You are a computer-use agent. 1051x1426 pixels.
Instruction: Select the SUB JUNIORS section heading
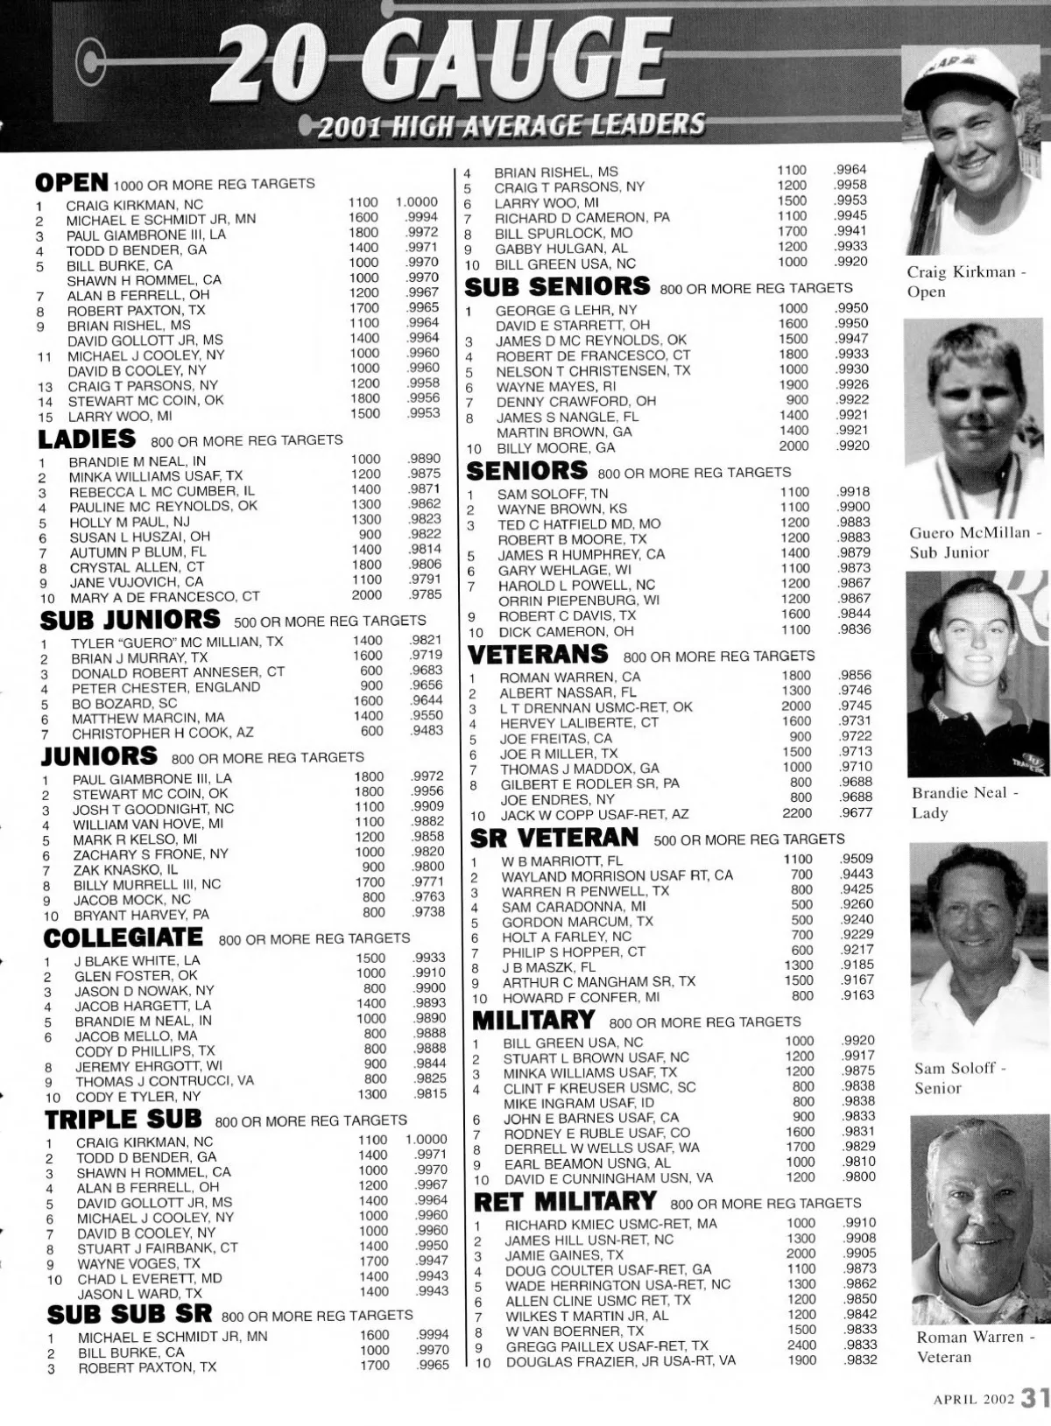click(131, 620)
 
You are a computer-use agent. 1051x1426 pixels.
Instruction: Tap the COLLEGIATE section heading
click(123, 938)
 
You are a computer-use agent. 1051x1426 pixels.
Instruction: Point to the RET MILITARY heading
click(566, 1201)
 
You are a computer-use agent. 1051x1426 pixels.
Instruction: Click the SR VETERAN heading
click(554, 838)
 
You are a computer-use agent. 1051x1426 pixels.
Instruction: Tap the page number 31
click(1035, 1398)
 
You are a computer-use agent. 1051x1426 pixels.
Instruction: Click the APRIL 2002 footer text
click(972, 1399)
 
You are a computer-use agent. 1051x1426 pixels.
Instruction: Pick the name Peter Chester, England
click(166, 688)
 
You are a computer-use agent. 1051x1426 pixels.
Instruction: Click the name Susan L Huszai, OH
click(139, 537)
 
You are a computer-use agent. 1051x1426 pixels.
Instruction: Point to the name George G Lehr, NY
click(566, 310)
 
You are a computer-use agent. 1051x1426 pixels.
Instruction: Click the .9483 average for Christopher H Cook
click(427, 731)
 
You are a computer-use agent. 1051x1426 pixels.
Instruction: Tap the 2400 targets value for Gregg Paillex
click(801, 1345)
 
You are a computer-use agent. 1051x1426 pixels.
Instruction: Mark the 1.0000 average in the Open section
click(417, 202)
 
